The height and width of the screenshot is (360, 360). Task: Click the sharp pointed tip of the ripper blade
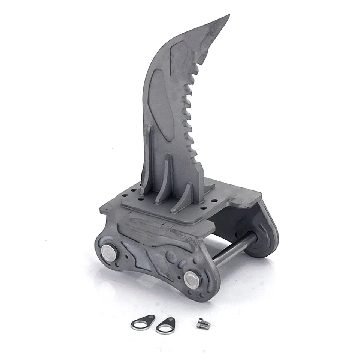point(228,16)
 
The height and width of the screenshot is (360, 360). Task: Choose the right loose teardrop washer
point(166,325)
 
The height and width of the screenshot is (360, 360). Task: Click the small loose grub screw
point(204,323)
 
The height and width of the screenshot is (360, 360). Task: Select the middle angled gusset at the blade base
point(165,180)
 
